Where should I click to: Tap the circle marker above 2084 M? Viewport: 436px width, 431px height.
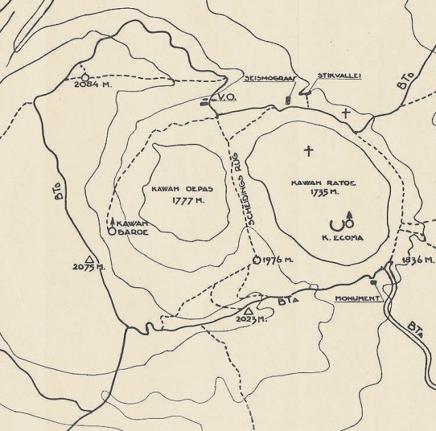(x=84, y=77)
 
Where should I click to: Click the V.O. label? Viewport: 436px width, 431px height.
(x=228, y=100)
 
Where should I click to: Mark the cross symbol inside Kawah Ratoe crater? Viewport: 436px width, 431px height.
(x=309, y=150)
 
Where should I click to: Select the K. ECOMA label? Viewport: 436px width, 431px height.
(x=342, y=239)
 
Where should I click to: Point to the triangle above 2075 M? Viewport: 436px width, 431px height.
(x=89, y=258)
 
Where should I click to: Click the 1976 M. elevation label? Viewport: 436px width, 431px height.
(x=278, y=261)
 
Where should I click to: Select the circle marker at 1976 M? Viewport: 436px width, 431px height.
(x=257, y=260)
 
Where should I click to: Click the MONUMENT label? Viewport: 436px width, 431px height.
(x=356, y=299)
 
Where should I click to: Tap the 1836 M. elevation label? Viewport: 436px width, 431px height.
(x=418, y=261)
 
